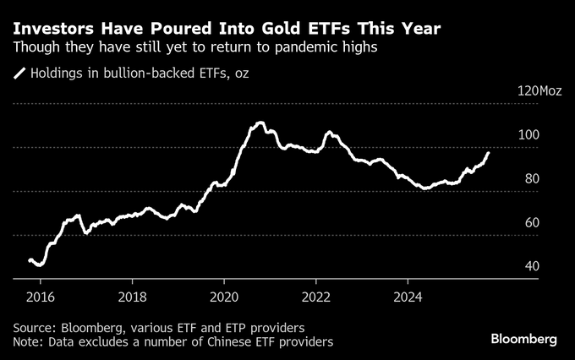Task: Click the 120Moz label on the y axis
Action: (539, 90)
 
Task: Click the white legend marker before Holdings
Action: (19, 74)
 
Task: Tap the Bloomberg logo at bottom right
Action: (524, 339)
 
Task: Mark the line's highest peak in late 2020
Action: (258, 123)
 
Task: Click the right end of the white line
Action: (488, 153)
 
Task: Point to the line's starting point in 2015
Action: (30, 259)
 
